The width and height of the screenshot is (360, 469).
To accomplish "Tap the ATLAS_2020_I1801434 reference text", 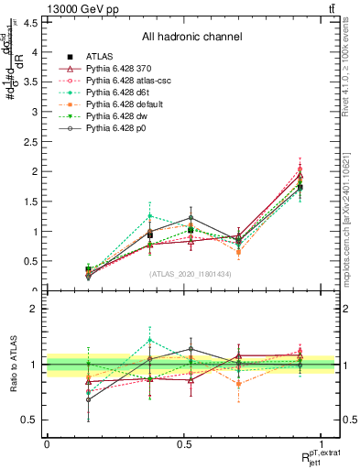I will (191, 274).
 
